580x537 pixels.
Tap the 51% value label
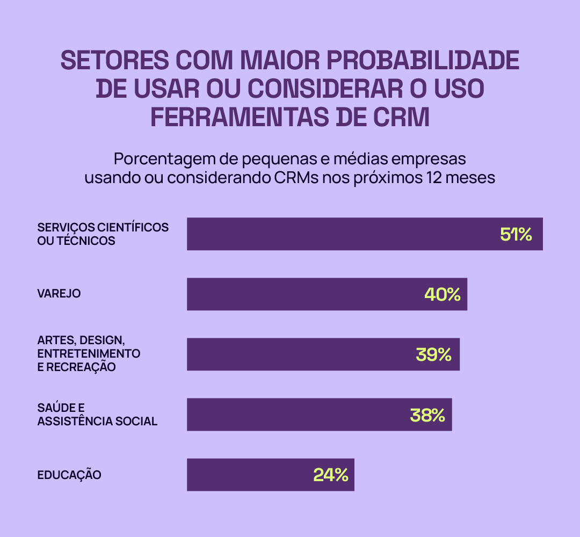tap(516, 234)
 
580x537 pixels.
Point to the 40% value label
tap(443, 294)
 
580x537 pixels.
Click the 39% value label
tap(433, 354)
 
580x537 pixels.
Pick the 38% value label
tap(427, 415)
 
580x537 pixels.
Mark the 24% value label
tap(331, 475)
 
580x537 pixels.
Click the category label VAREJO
tap(59, 294)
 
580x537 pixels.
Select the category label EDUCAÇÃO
tap(69, 475)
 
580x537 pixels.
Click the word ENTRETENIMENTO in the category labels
tap(89, 354)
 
